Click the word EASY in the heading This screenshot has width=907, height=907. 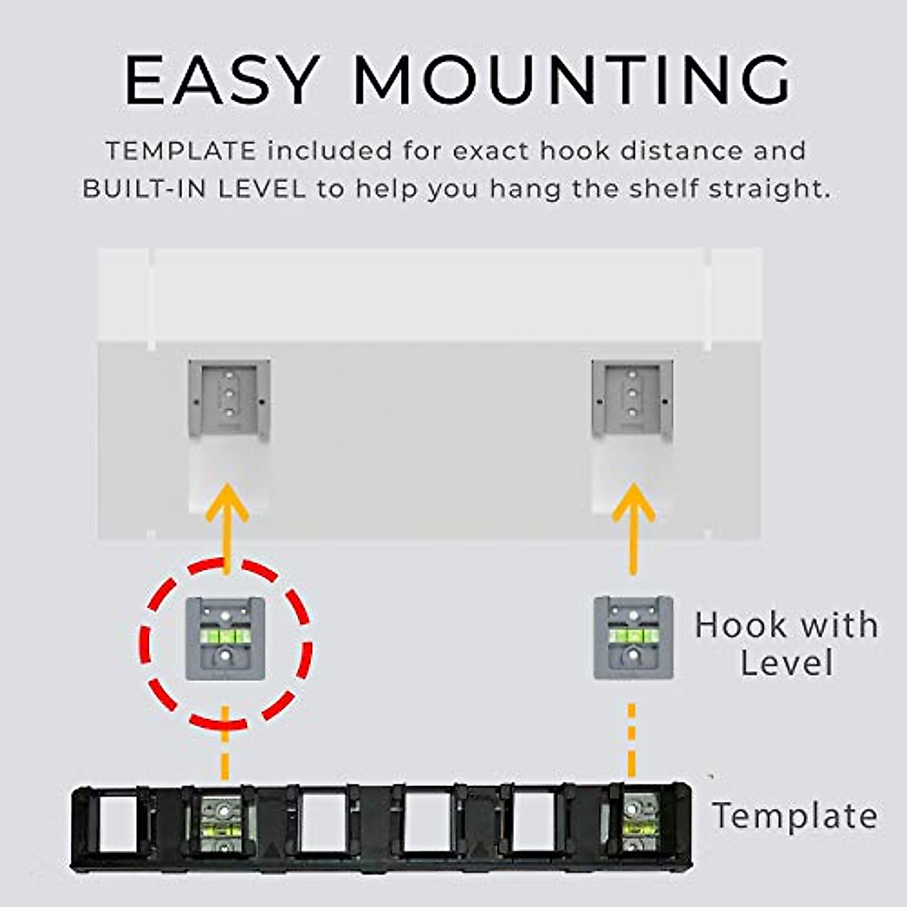(220, 80)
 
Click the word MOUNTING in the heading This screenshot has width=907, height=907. (571, 80)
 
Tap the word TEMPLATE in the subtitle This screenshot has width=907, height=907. (181, 151)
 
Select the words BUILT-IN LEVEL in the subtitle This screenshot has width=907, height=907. (194, 189)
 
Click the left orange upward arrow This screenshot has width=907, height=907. (226, 522)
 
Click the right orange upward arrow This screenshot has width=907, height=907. (633, 522)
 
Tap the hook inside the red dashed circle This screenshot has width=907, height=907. (226, 638)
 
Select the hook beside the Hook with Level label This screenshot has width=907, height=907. (633, 638)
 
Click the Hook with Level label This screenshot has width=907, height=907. (786, 644)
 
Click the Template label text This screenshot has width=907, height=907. (794, 816)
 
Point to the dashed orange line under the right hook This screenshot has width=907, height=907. (632, 741)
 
